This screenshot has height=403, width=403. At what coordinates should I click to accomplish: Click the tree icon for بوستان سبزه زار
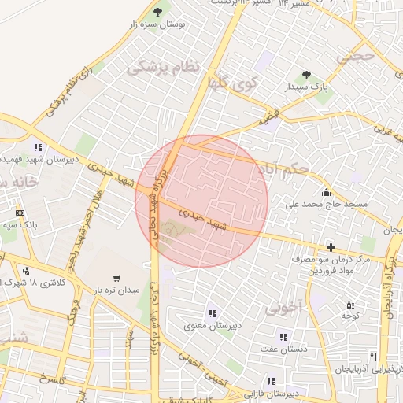coord(157,12)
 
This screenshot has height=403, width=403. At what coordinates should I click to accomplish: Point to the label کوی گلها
coord(233,83)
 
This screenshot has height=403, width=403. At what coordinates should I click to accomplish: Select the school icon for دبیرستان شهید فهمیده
coord(38,146)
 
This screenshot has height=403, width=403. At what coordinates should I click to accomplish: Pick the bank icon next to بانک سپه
coord(20,213)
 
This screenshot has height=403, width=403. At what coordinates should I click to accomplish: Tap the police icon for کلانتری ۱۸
coord(28,271)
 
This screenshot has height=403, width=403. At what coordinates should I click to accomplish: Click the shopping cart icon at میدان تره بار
coord(117,278)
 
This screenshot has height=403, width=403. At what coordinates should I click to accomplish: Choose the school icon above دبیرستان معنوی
coord(211,314)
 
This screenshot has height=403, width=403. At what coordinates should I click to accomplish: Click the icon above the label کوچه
coord(350,305)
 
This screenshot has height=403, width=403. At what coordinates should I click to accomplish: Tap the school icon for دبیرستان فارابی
coord(272,381)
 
